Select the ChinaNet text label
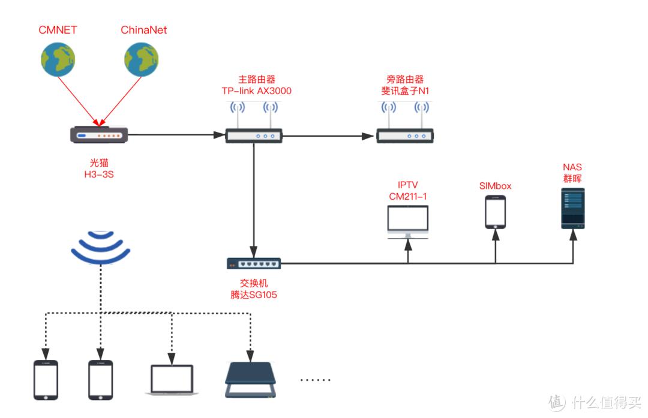pos(143,29)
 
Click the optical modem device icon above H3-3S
pos(100,135)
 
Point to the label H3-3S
pos(100,175)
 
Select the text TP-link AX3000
pos(256,91)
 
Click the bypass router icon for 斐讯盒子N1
pos(405,136)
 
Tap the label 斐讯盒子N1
pos(405,91)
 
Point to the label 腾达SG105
pos(254,294)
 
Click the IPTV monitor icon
pos(408,222)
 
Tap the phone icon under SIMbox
pos(495,212)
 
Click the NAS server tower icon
pos(572,208)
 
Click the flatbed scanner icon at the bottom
pos(251,380)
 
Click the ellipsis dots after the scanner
pos(315,380)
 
